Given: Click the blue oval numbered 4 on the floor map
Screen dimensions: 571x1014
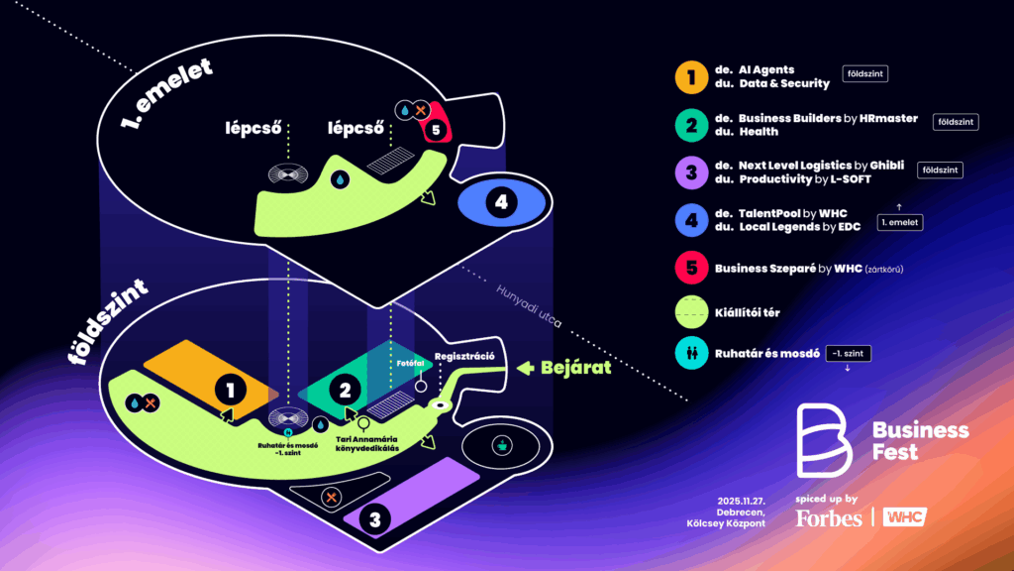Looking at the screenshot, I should [x=501, y=202].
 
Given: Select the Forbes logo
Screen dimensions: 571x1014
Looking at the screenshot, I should [x=829, y=517].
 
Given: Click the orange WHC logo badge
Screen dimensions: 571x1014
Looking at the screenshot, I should [x=904, y=516].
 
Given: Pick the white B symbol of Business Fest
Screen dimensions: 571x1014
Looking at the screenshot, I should [x=825, y=441].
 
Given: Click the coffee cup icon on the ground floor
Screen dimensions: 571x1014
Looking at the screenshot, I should [x=503, y=446].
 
